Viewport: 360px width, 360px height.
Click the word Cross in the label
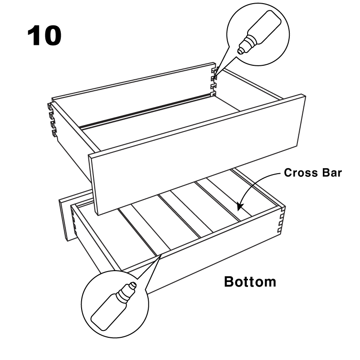coord(297,173)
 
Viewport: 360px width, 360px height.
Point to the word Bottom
coord(250,282)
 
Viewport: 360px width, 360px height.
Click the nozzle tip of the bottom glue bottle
coord(132,286)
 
